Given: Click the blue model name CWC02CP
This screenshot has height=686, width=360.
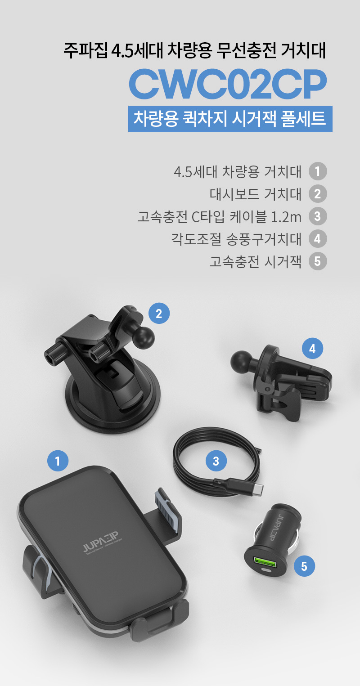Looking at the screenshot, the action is [228, 84].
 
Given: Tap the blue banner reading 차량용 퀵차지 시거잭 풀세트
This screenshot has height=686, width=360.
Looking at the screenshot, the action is [230, 119].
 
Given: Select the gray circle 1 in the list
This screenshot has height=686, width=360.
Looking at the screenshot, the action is [318, 171].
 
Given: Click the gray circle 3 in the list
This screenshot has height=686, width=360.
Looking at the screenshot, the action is [318, 216].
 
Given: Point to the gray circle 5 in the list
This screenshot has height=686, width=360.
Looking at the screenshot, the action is [318, 261].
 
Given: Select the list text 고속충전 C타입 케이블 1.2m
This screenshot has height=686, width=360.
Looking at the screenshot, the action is [219, 216].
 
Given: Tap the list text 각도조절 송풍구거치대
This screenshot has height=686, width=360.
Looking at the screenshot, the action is [237, 239].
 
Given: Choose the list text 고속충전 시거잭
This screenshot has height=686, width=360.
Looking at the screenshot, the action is [256, 261].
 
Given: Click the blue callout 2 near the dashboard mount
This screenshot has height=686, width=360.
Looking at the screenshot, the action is [159, 313].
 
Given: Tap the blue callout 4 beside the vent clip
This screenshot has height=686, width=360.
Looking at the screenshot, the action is [312, 349].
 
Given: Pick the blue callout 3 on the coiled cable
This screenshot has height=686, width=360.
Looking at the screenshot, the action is [216, 461].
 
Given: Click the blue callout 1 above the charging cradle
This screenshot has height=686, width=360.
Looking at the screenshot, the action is [58, 461].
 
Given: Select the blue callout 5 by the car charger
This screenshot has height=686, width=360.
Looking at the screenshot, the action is [304, 566].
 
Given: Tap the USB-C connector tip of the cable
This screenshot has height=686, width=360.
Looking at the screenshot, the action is [259, 489].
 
